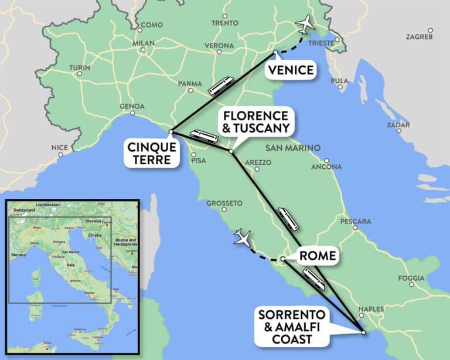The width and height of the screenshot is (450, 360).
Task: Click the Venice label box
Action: [291, 70]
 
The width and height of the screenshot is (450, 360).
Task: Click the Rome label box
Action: [317, 256]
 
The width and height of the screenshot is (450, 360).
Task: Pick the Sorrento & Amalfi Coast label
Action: [292, 327]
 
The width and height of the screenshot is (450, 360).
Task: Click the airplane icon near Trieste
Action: [304, 24]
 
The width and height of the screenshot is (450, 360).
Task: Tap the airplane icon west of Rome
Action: [241, 237]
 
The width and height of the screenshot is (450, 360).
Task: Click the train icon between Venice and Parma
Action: [221, 86]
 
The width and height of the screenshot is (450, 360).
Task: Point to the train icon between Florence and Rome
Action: [288, 218]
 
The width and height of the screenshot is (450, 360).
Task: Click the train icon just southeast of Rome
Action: [313, 278]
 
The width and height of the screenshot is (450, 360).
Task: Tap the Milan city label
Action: [143, 43]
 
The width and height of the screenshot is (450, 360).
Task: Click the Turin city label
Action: [80, 67]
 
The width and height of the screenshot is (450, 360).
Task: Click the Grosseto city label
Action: [224, 203]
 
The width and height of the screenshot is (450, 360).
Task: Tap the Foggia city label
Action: [411, 277]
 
